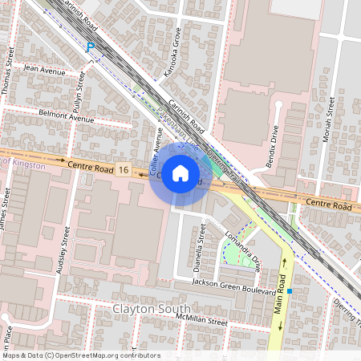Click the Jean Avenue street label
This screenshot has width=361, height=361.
pos(45,71)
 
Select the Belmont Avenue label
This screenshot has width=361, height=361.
pos(71,118)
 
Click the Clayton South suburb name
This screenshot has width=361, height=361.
pos(152,309)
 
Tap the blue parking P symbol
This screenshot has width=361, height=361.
pos(91,47)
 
